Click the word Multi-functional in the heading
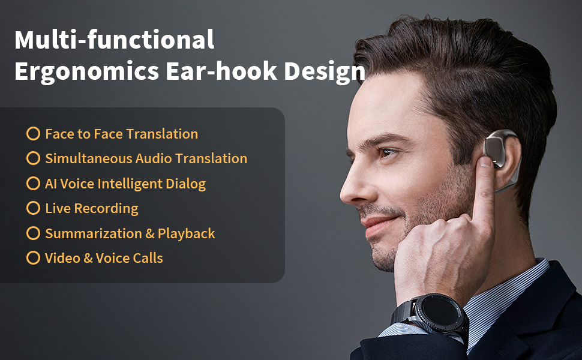(x=115, y=40)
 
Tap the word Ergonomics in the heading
(x=87, y=71)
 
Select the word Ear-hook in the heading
(x=221, y=71)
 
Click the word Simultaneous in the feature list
(x=89, y=158)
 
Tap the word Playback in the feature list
(x=187, y=234)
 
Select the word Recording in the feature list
(x=106, y=209)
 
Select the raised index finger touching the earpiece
(x=484, y=189)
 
